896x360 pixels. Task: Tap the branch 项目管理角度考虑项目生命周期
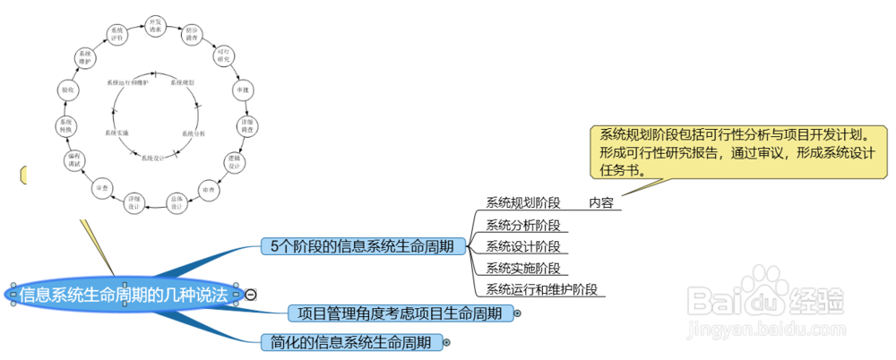pos(401,313)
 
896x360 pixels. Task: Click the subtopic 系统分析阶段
pos(522,224)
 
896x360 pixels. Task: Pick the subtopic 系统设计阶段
pos(522,246)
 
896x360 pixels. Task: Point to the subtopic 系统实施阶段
pos(522,268)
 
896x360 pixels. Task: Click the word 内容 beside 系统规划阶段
pos(601,203)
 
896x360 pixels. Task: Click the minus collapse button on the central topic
pos(251,294)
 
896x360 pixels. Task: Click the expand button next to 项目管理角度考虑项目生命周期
pos(518,313)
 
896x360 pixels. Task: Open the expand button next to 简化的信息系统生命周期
pos(446,342)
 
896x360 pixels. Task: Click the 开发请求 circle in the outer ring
pos(155,24)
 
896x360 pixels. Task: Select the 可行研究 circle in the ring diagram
pos(222,57)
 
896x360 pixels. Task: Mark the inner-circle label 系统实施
pos(117,133)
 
